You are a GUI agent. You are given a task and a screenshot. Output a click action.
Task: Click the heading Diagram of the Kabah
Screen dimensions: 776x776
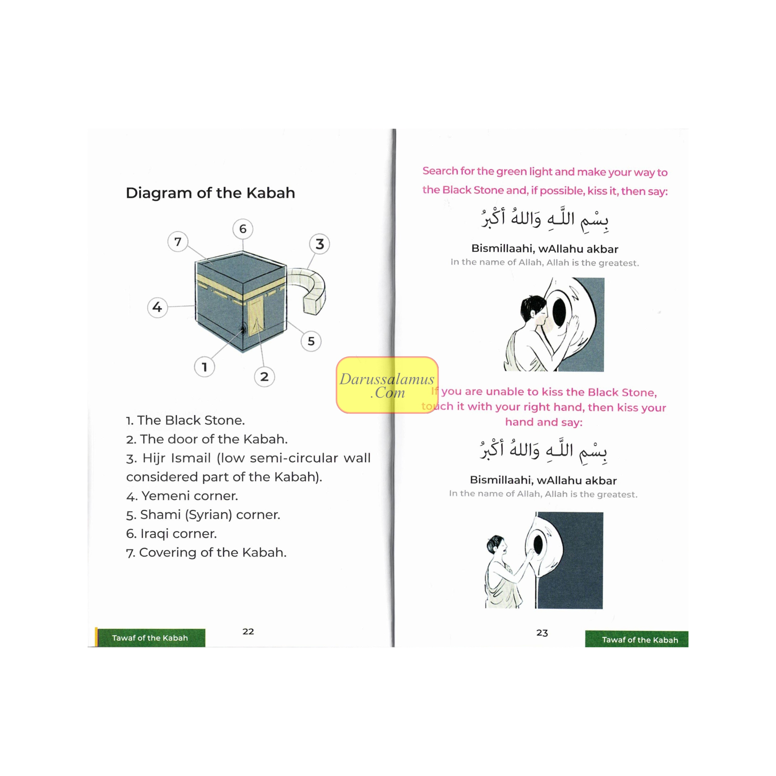210,193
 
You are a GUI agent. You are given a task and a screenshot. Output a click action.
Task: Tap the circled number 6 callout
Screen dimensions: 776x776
242,229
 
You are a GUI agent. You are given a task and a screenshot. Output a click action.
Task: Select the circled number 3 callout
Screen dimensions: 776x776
319,244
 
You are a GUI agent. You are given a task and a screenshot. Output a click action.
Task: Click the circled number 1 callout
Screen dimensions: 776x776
205,367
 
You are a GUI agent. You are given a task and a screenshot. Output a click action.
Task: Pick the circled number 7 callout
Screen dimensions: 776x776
178,241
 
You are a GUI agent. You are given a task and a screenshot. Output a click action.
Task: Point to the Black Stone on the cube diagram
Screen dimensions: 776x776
242,330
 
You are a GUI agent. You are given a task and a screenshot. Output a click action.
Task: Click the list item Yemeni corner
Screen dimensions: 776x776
182,496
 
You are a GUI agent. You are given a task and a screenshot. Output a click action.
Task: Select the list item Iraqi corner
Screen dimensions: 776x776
172,533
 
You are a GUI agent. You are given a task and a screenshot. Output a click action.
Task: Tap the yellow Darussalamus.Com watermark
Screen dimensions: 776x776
387,385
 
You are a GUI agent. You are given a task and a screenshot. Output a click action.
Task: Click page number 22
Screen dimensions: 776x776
248,631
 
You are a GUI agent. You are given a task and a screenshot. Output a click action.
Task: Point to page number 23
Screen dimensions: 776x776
542,633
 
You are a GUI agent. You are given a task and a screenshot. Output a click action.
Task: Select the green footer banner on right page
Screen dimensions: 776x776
637,640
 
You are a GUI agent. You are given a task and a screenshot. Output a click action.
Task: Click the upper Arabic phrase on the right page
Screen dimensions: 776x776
545,219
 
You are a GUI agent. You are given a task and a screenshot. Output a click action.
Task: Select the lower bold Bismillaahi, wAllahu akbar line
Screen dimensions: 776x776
543,480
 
